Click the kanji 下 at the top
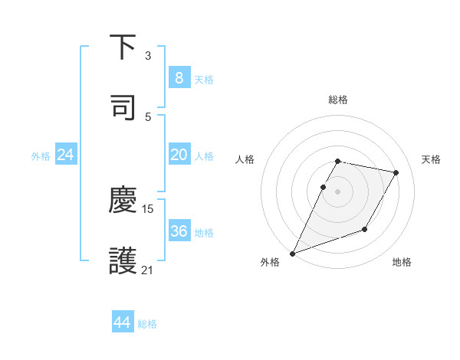coord(123,48)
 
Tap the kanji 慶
coord(123,201)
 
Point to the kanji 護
coord(123,260)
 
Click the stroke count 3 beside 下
coord(148,56)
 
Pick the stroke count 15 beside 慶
coord(149,208)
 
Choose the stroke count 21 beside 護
coord(148,270)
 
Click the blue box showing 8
coord(179,78)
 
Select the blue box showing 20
coord(179,155)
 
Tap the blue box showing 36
coord(179,231)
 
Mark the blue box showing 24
coord(65,155)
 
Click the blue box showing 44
coord(122,323)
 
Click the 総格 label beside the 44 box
coord(147,324)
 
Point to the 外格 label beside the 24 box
coord(41,156)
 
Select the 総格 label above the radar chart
coord(338,100)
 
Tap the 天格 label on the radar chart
coord(432,159)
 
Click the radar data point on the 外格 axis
coord(292,253)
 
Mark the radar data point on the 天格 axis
coord(396,172)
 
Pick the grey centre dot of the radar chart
coord(338,191)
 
